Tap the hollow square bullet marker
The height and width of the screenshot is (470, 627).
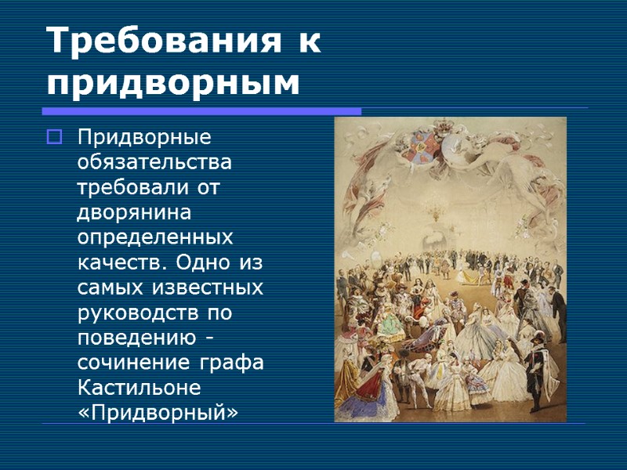click(x=54, y=139)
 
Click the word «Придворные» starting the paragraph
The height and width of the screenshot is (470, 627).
click(x=144, y=138)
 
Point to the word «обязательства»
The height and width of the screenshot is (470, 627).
click(x=154, y=164)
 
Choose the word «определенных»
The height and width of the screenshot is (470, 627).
click(x=154, y=237)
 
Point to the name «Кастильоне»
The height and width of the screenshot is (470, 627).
click(x=139, y=388)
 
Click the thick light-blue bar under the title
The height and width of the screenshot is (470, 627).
click(x=202, y=111)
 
